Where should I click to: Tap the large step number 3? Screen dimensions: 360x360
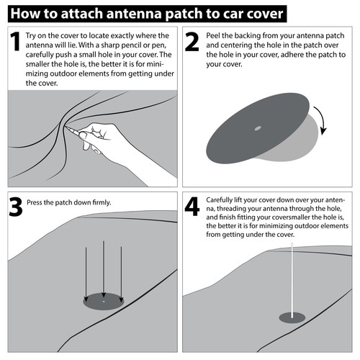point(14,207)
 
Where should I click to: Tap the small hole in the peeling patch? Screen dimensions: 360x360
point(257,129)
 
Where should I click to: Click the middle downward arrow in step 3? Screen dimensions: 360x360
point(103,270)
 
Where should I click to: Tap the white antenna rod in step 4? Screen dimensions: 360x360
point(292,277)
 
